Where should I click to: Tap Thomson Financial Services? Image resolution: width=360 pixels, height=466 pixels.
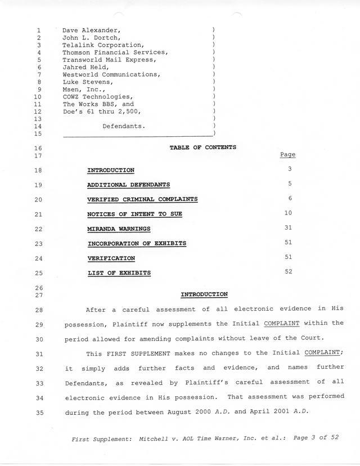point(115,52)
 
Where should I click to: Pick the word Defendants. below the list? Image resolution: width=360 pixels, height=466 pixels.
point(124,126)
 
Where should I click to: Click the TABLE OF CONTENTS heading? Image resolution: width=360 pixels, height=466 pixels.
point(202,147)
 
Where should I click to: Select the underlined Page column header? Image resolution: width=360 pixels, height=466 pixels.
point(287,155)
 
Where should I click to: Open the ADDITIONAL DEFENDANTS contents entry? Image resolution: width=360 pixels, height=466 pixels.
point(128,185)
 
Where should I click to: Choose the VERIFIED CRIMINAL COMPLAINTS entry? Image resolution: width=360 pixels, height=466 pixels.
point(142,199)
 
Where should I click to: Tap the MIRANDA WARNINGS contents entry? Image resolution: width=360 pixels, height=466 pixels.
point(119,229)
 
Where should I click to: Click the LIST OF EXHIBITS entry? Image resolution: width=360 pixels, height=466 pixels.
point(119,273)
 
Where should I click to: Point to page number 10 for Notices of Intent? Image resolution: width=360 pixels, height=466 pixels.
point(289,213)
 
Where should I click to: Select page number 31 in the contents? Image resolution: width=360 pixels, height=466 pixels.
point(289,227)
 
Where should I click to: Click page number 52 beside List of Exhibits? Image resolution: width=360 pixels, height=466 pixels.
point(289,271)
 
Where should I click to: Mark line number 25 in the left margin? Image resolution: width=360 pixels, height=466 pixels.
point(39,274)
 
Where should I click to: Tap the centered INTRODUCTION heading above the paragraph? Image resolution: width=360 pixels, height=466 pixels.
point(204,294)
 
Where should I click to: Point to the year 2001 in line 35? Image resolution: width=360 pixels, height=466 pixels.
point(287,412)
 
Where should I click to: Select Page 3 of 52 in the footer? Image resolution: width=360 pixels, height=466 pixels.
point(316,437)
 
